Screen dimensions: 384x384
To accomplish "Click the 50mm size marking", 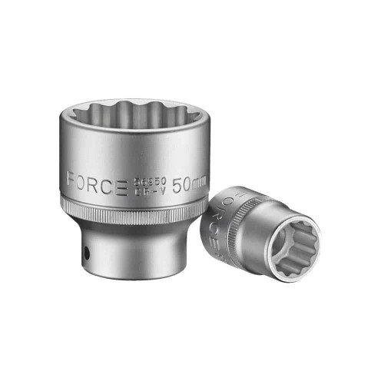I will [187, 185].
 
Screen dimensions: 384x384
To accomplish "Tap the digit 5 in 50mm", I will [176, 185].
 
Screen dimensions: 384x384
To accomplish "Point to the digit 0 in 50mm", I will [186, 185].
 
